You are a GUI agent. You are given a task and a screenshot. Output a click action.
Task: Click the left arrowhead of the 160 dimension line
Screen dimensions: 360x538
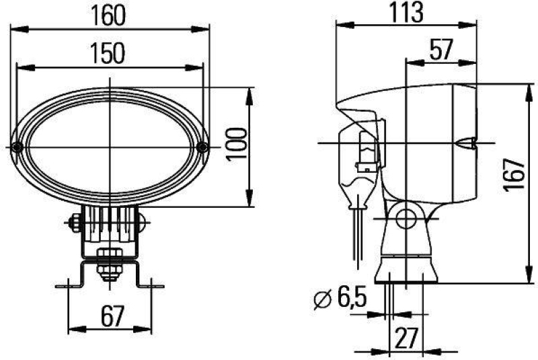pyautogui.click(x=15, y=29)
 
